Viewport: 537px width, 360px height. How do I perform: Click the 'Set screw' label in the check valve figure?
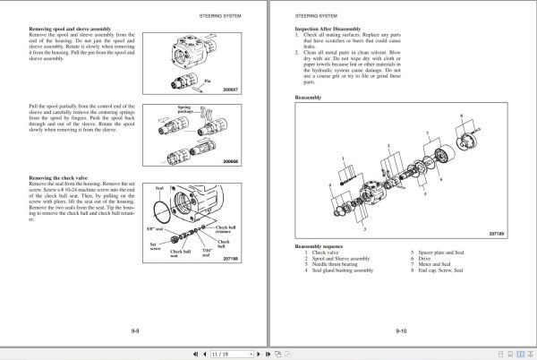point(155,244)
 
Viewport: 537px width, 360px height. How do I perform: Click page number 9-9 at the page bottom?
point(134,331)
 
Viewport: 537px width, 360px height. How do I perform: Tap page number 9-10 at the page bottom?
point(402,331)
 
